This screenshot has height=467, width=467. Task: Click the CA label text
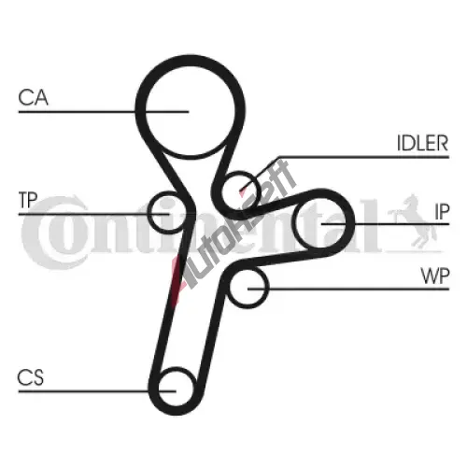33,97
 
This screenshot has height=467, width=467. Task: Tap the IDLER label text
422,143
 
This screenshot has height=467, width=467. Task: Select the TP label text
28,200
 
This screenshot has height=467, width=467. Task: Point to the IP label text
442,211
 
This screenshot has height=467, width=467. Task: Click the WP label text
435,276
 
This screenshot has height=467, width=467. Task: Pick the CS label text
31,377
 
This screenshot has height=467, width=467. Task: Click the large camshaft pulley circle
191,106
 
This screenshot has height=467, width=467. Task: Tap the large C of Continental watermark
53,233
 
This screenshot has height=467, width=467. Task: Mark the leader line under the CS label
97,391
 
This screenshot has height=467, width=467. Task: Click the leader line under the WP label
348,289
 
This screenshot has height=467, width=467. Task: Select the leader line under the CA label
104,111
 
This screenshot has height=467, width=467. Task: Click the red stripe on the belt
175,280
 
